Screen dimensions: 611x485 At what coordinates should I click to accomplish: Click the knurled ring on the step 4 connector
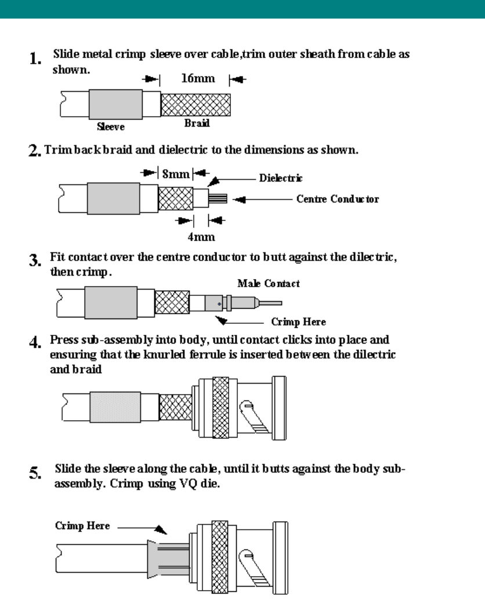coord(221,407)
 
